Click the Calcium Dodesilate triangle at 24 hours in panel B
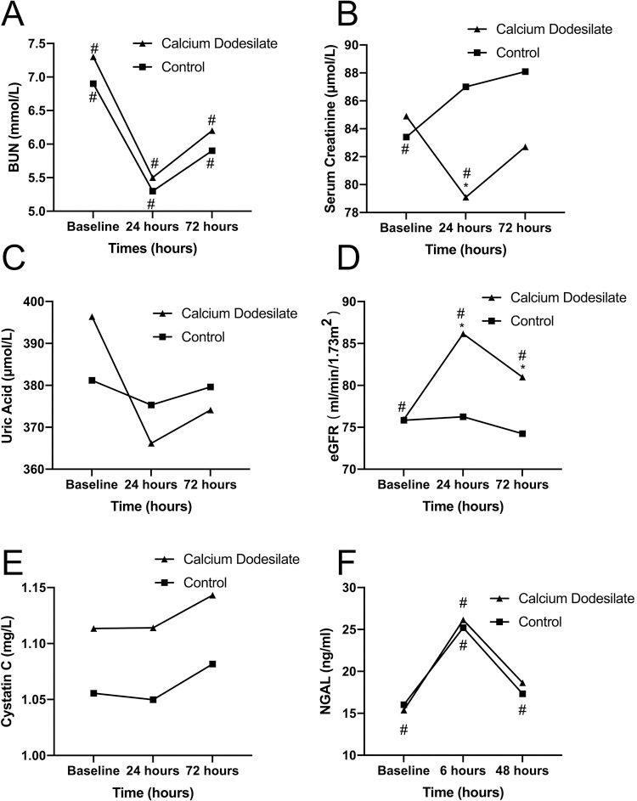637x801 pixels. click(x=465, y=197)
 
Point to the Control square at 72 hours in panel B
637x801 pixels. click(x=526, y=71)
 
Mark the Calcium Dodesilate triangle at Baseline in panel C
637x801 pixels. click(x=93, y=317)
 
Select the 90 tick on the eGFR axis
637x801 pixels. click(x=370, y=302)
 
